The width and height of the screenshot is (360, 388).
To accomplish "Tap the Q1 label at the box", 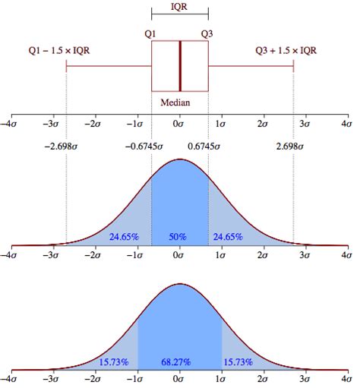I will click(150, 33).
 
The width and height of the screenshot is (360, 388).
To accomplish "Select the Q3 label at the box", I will click(207, 33).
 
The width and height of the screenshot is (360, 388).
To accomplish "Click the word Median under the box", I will click(175, 102).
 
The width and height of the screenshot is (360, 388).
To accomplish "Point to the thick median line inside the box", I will click(180, 65).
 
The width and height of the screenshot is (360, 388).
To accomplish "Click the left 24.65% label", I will click(124, 237).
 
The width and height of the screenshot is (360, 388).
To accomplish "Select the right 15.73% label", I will click(237, 361).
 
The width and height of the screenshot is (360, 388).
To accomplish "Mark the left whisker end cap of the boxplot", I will click(67, 66).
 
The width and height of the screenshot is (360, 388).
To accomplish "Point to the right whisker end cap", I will click(293, 66).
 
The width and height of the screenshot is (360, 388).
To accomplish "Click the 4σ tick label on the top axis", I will click(346, 122).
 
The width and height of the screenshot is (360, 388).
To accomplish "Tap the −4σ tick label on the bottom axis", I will click(11, 377).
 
